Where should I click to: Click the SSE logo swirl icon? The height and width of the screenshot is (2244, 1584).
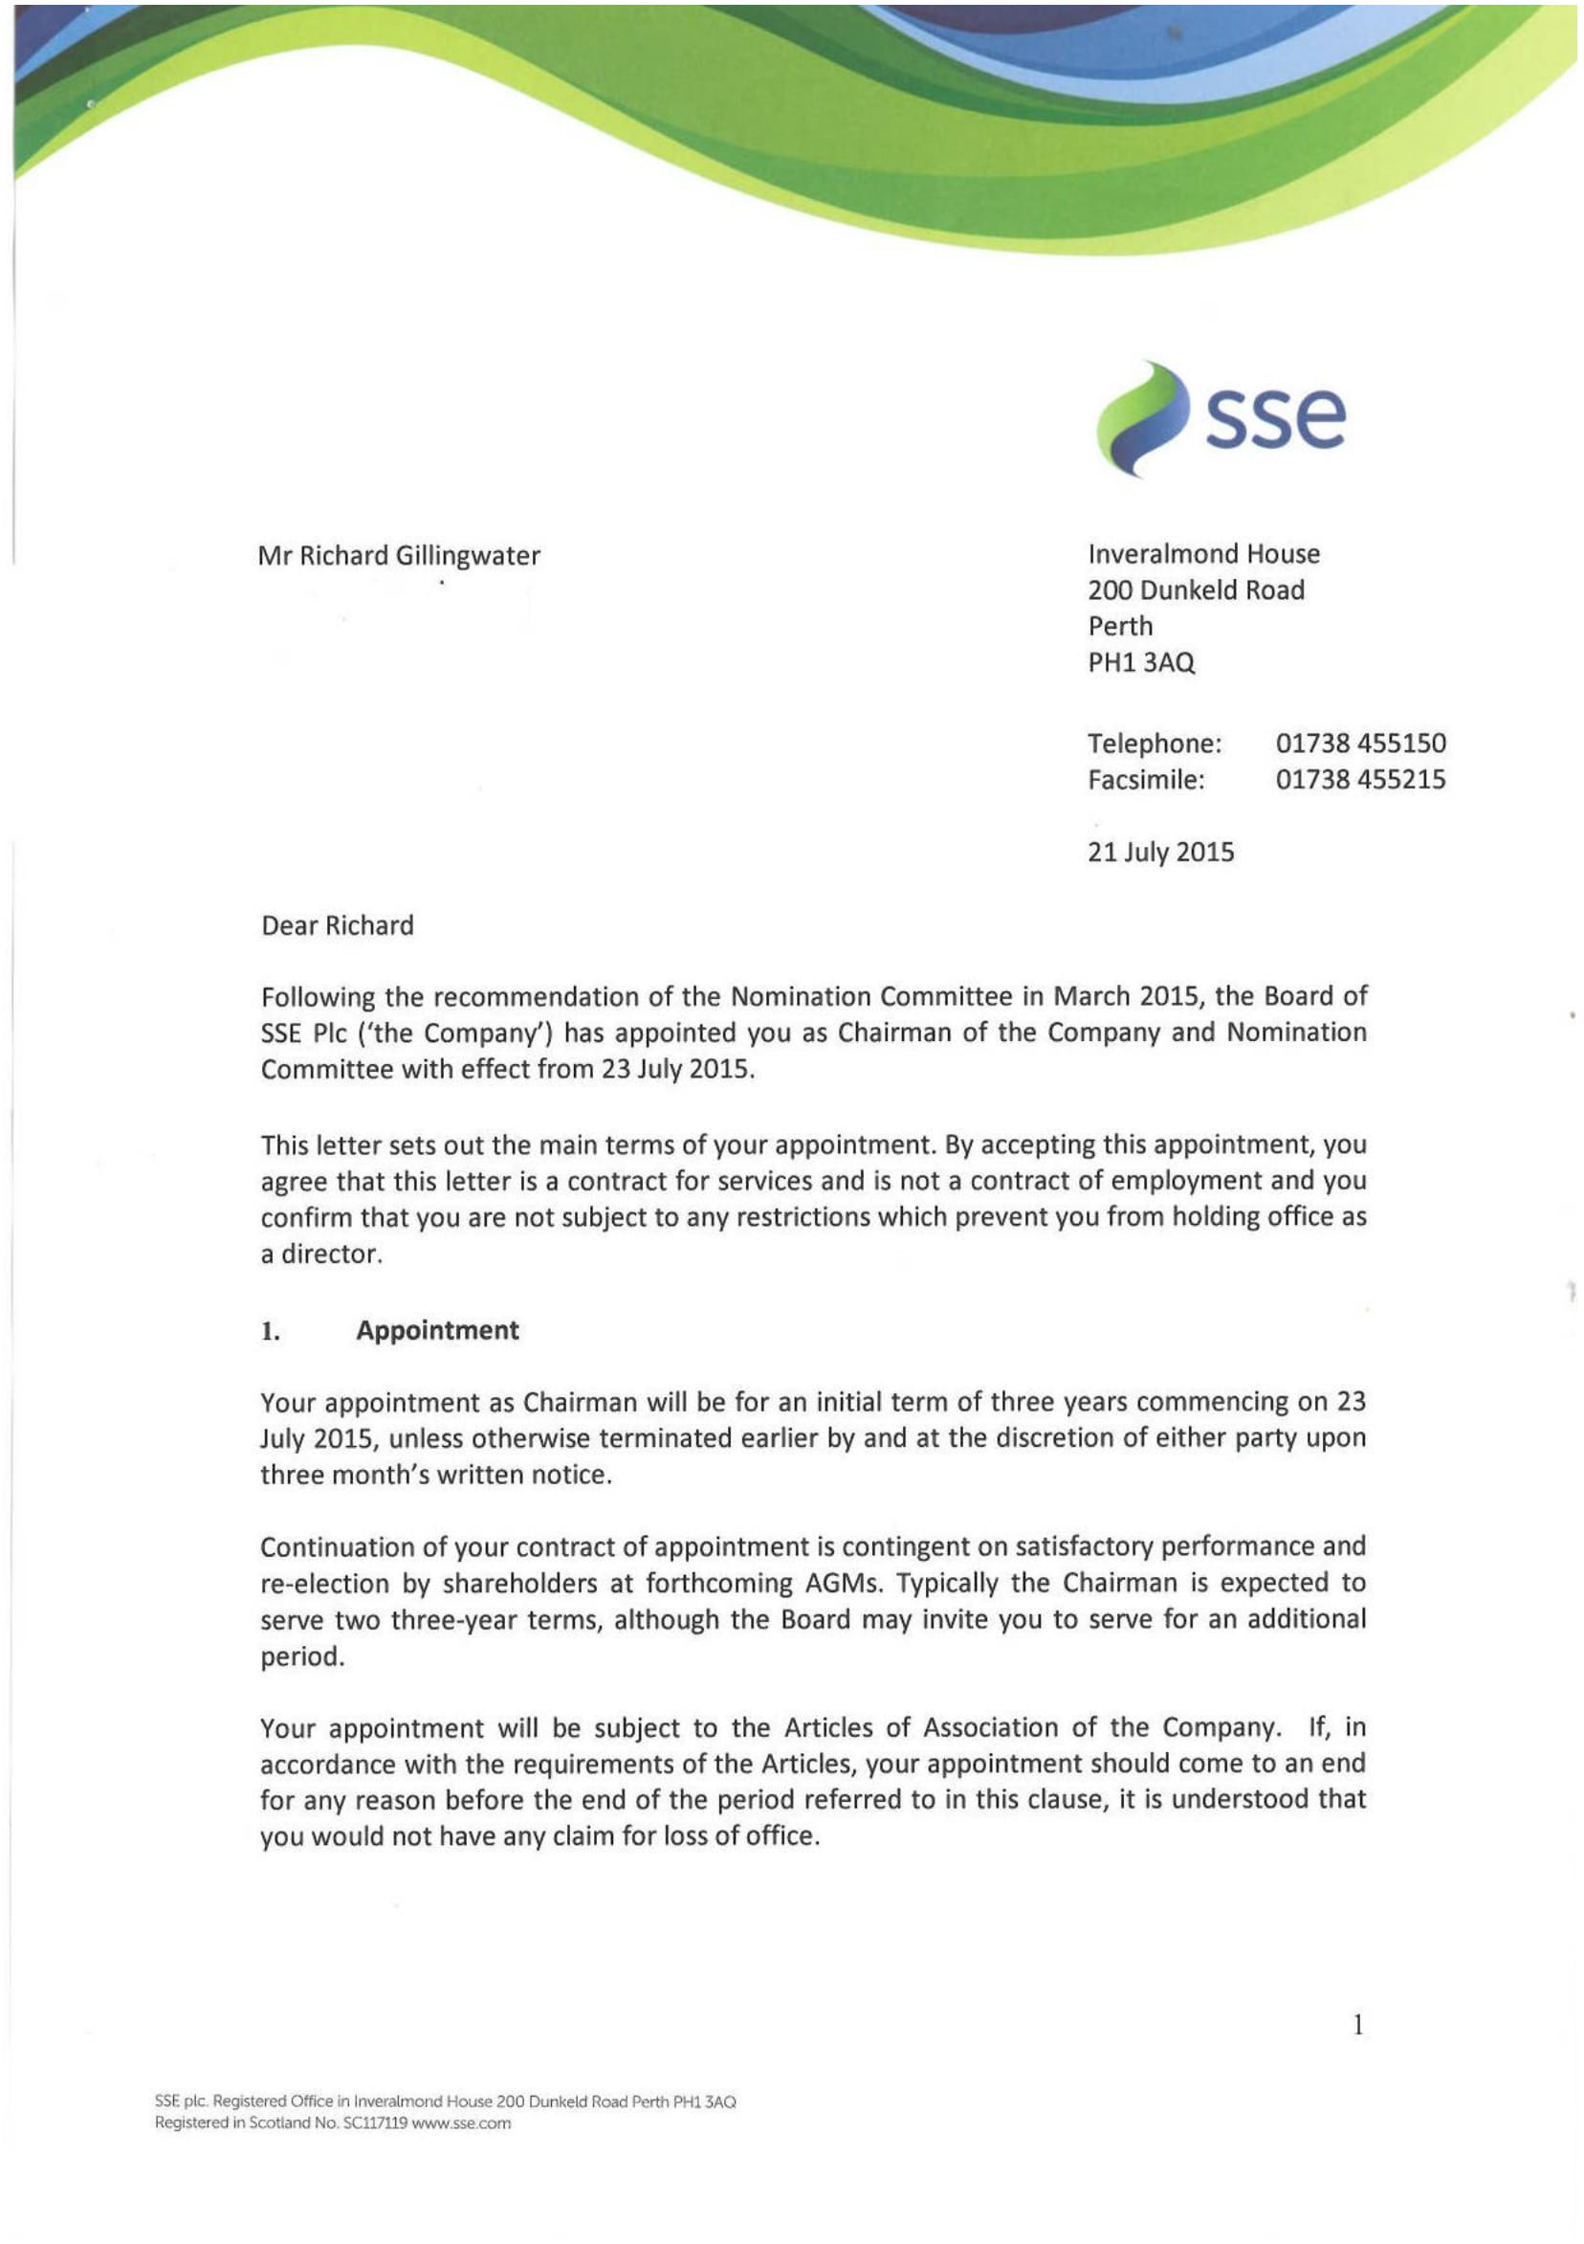coord(1140,418)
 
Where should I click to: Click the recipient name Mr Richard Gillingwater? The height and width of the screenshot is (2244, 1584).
coord(399,555)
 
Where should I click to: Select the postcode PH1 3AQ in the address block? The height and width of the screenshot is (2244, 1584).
coord(1140,662)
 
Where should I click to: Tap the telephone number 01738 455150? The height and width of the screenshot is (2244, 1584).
coord(1359,744)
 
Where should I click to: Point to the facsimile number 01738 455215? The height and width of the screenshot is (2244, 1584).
coord(1359,780)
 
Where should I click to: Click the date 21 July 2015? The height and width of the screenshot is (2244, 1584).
coord(1160,853)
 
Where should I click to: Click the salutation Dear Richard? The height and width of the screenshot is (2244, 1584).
coord(337,925)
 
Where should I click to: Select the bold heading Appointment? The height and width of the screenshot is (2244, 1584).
coord(437,1330)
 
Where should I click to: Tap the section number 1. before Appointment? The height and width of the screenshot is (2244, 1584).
coord(271,1331)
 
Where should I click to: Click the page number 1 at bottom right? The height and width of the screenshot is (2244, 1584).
coord(1357,2025)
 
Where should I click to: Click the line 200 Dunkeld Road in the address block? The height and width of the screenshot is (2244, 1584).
coord(1195,590)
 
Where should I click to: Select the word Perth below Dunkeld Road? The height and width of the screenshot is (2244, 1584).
coord(1120,627)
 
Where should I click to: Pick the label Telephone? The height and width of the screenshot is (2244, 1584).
coord(1154,744)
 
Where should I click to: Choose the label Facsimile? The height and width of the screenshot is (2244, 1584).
coord(1145,780)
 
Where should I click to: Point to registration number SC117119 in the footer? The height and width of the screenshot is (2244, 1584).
coord(375,2122)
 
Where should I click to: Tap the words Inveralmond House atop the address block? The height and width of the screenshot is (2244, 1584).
coord(1203,554)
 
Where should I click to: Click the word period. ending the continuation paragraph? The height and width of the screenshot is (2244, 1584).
coord(302,1656)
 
